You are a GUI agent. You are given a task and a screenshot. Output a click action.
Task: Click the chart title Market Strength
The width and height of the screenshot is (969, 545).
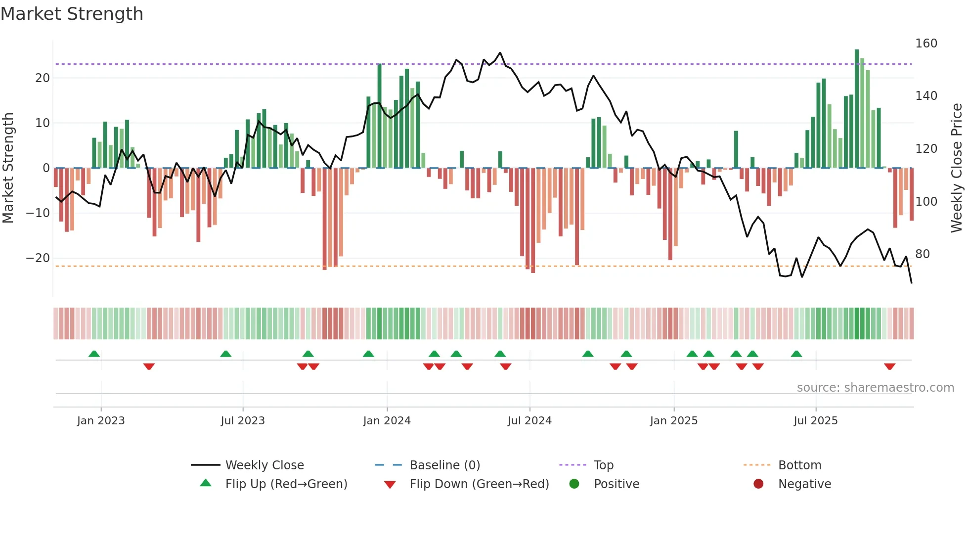[x=72, y=14]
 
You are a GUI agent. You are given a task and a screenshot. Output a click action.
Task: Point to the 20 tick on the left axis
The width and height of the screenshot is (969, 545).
[x=43, y=78]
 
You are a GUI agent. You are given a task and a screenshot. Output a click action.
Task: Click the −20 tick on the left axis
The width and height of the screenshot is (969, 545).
[x=38, y=258]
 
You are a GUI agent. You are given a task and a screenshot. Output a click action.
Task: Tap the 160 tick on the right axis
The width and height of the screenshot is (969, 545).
[x=926, y=44]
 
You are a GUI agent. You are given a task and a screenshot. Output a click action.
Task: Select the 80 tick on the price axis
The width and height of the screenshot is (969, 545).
[x=922, y=254]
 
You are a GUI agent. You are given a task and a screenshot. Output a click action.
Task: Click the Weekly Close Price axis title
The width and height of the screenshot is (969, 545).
[x=957, y=168]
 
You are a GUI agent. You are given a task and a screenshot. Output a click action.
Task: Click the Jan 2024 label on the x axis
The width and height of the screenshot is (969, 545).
[x=387, y=421]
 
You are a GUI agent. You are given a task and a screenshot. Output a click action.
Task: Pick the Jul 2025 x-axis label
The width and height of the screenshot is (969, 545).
[x=815, y=421]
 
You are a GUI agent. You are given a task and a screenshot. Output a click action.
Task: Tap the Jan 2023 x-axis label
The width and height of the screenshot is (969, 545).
[x=101, y=421]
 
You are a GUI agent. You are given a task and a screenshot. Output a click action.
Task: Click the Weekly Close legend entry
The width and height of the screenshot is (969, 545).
[x=264, y=465]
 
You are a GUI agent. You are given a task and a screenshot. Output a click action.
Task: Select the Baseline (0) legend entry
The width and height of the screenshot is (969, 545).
[x=444, y=465]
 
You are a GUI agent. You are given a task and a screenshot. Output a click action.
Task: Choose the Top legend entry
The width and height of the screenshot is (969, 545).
[x=603, y=465]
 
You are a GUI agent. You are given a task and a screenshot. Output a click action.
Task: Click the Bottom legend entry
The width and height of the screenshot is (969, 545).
[x=799, y=465]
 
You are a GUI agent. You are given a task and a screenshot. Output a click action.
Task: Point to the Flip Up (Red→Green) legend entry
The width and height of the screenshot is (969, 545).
[x=286, y=484]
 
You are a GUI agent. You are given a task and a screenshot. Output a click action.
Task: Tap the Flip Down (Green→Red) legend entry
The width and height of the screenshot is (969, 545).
[x=479, y=484]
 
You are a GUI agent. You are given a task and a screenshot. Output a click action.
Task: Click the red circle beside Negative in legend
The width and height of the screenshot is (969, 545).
[x=758, y=484]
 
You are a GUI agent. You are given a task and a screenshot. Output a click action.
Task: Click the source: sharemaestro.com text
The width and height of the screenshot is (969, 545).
[x=875, y=388]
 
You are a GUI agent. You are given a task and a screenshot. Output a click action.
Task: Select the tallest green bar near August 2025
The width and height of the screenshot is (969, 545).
[x=857, y=109]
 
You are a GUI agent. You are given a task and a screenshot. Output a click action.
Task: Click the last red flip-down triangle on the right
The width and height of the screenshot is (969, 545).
[x=889, y=366]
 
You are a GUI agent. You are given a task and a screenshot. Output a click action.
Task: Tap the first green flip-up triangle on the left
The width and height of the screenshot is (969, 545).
[x=94, y=354]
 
